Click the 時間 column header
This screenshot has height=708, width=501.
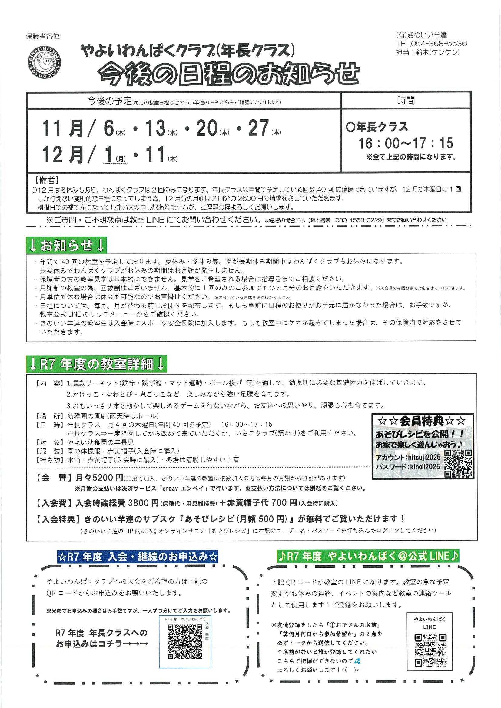click(x=406, y=101)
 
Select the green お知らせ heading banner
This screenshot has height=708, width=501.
click(x=66, y=245)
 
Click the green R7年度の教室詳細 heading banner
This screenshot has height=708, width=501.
click(x=97, y=364)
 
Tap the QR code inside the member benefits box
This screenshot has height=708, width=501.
click(x=458, y=463)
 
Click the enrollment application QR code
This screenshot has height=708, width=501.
click(x=185, y=642)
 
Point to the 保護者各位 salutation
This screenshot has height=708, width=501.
click(x=43, y=36)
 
